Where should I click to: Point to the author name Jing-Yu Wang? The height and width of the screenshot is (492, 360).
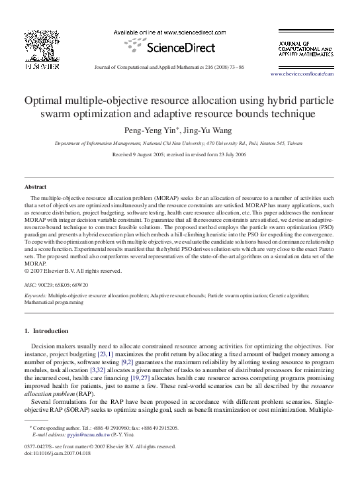click(208, 130)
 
